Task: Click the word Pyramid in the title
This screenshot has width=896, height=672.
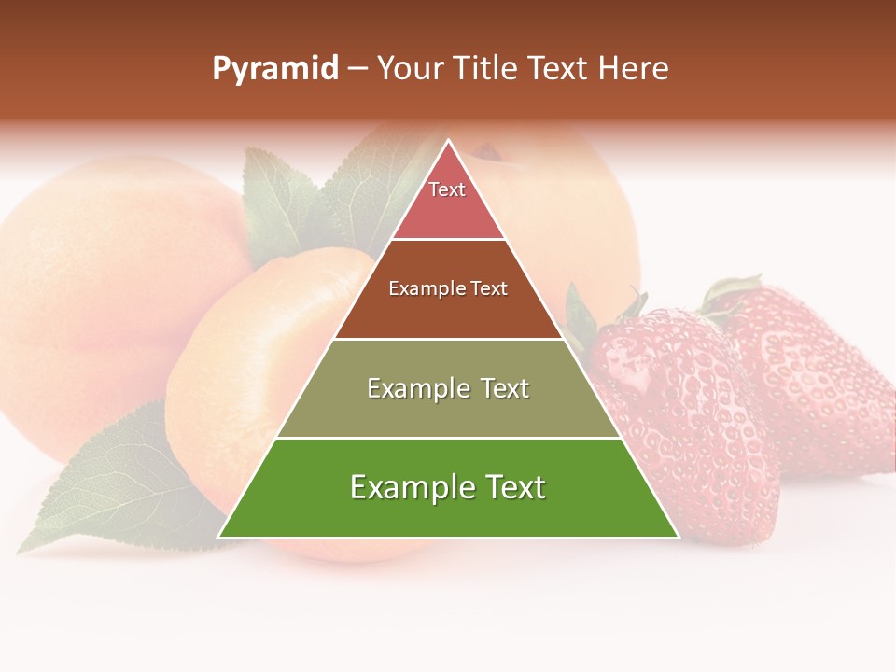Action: coord(275,69)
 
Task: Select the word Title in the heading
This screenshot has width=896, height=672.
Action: coord(489,69)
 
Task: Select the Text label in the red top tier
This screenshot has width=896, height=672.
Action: coord(447,189)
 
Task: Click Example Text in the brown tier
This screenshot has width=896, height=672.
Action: coord(448,289)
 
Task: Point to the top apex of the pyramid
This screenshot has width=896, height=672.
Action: coord(449,141)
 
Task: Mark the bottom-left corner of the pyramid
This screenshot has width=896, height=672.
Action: coord(219,537)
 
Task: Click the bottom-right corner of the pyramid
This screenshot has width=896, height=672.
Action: coord(678,537)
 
